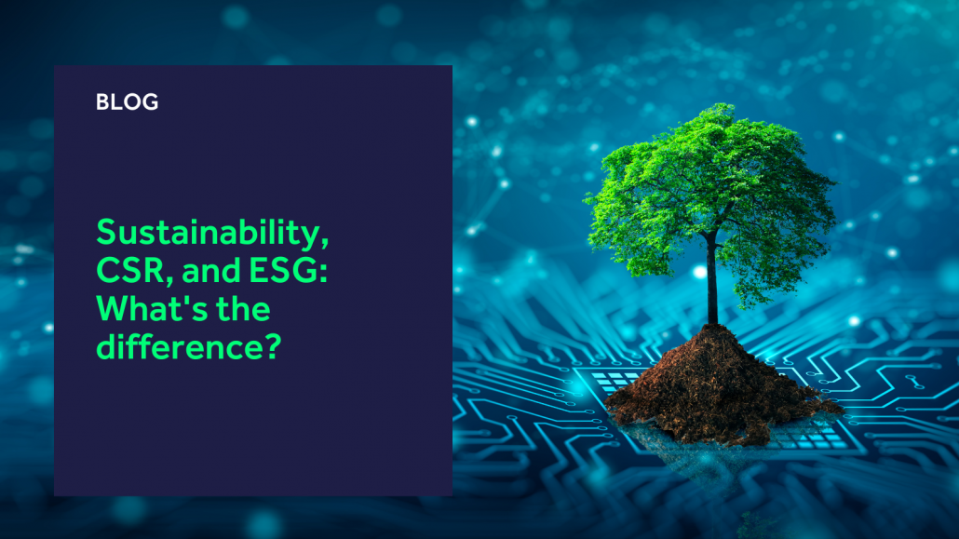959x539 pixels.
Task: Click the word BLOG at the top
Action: pyautogui.click(x=128, y=101)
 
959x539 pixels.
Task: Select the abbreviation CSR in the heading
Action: pyautogui.click(x=130, y=270)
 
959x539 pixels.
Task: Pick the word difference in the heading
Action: pyautogui.click(x=177, y=346)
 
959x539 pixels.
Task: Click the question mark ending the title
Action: pyautogui.click(x=271, y=346)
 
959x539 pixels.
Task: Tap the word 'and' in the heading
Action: pyautogui.click(x=210, y=271)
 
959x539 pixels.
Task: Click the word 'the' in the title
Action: pyautogui.click(x=243, y=308)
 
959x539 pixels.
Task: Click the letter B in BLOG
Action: pyautogui.click(x=102, y=101)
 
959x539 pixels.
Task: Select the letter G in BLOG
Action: pyautogui.click(x=151, y=101)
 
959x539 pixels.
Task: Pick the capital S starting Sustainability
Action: pyautogui.click(x=106, y=233)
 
